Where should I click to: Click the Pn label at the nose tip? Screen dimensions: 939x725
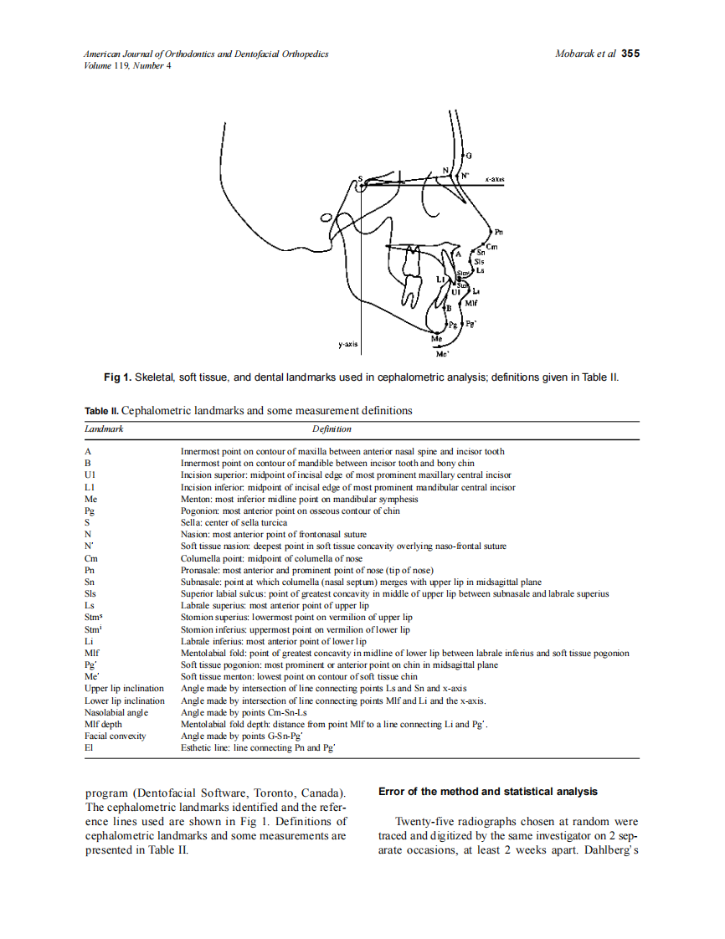click(499, 232)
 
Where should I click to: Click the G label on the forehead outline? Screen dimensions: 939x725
click(469, 156)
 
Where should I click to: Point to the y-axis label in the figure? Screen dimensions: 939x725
click(349, 344)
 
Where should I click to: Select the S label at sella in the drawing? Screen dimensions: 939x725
click(360, 179)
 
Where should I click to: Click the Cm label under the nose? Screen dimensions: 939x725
click(492, 245)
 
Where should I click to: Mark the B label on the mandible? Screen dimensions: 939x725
click(448, 309)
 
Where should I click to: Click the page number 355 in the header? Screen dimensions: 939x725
click(630, 54)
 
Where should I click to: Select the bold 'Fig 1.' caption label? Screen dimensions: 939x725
click(117, 377)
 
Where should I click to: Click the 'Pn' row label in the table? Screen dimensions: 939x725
click(89, 570)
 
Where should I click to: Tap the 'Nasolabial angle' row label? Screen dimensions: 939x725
click(116, 712)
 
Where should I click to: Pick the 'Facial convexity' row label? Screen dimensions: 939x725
click(116, 736)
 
